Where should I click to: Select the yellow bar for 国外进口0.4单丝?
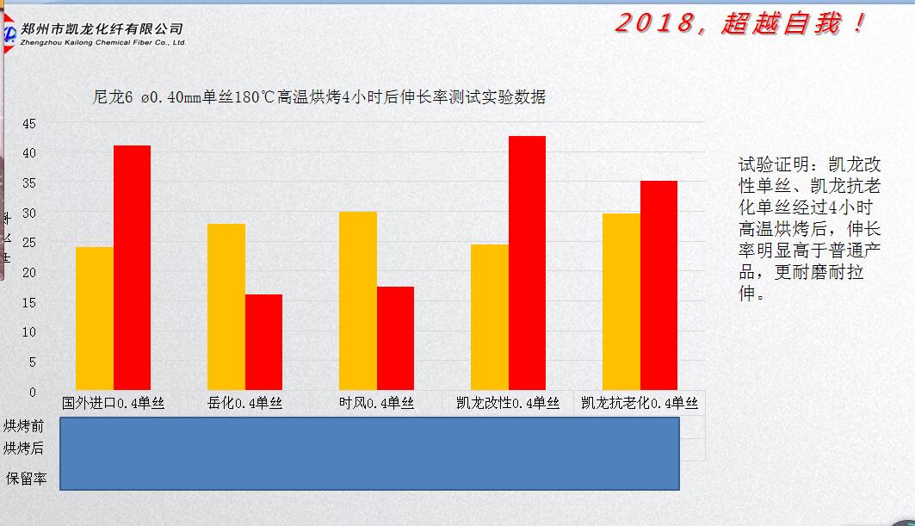coord(95,318)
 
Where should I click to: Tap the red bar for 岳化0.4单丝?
coord(263,342)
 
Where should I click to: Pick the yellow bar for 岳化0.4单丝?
coord(226,306)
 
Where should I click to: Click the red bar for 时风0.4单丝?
coord(395,337)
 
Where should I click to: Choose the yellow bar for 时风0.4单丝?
coord(358,300)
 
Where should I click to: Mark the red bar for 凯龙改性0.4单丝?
coord(527,263)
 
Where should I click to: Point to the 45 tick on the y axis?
coord(29,123)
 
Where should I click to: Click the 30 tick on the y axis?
coord(29,213)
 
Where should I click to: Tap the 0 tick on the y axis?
coord(33,392)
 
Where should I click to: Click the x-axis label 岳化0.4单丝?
coord(245,403)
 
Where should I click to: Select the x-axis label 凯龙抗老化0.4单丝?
coord(640,403)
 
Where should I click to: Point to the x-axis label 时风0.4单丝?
coord(376,403)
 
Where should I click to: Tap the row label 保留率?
coord(26,478)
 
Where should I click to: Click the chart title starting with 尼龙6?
coord(318,97)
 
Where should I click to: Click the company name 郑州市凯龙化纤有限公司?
coord(102,28)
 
